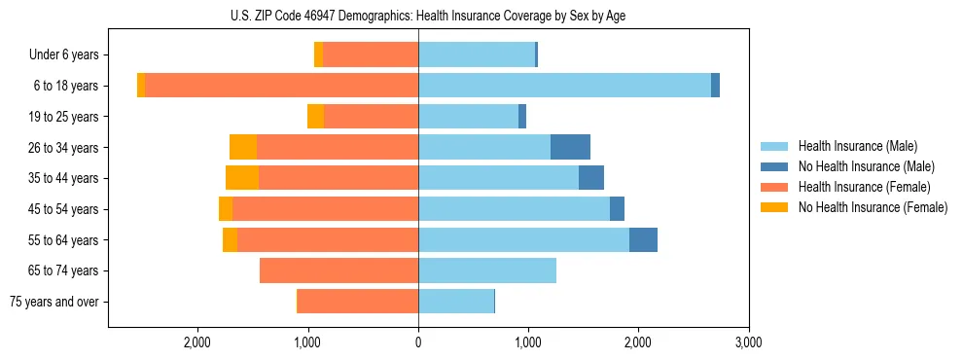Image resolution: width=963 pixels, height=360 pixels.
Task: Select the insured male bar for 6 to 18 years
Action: tap(564, 86)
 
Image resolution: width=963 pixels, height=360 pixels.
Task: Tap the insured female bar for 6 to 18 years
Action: tap(282, 86)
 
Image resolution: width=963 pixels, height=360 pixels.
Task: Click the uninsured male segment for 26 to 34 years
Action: tap(570, 147)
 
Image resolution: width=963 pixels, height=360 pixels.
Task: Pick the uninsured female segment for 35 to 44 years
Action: tap(242, 178)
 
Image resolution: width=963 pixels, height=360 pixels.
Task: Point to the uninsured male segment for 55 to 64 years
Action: tap(643, 239)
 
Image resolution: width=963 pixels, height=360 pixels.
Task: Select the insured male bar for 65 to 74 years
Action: tap(487, 270)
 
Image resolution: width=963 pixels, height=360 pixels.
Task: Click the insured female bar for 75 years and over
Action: tap(358, 302)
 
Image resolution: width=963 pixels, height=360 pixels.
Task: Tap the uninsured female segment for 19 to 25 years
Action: tap(315, 117)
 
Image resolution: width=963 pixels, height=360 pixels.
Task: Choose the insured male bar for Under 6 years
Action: tap(477, 54)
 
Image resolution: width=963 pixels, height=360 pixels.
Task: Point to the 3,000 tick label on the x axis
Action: tap(748, 342)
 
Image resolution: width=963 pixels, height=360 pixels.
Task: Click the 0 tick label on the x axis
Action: tap(418, 342)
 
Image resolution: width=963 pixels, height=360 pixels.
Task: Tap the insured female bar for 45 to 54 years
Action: tap(326, 209)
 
